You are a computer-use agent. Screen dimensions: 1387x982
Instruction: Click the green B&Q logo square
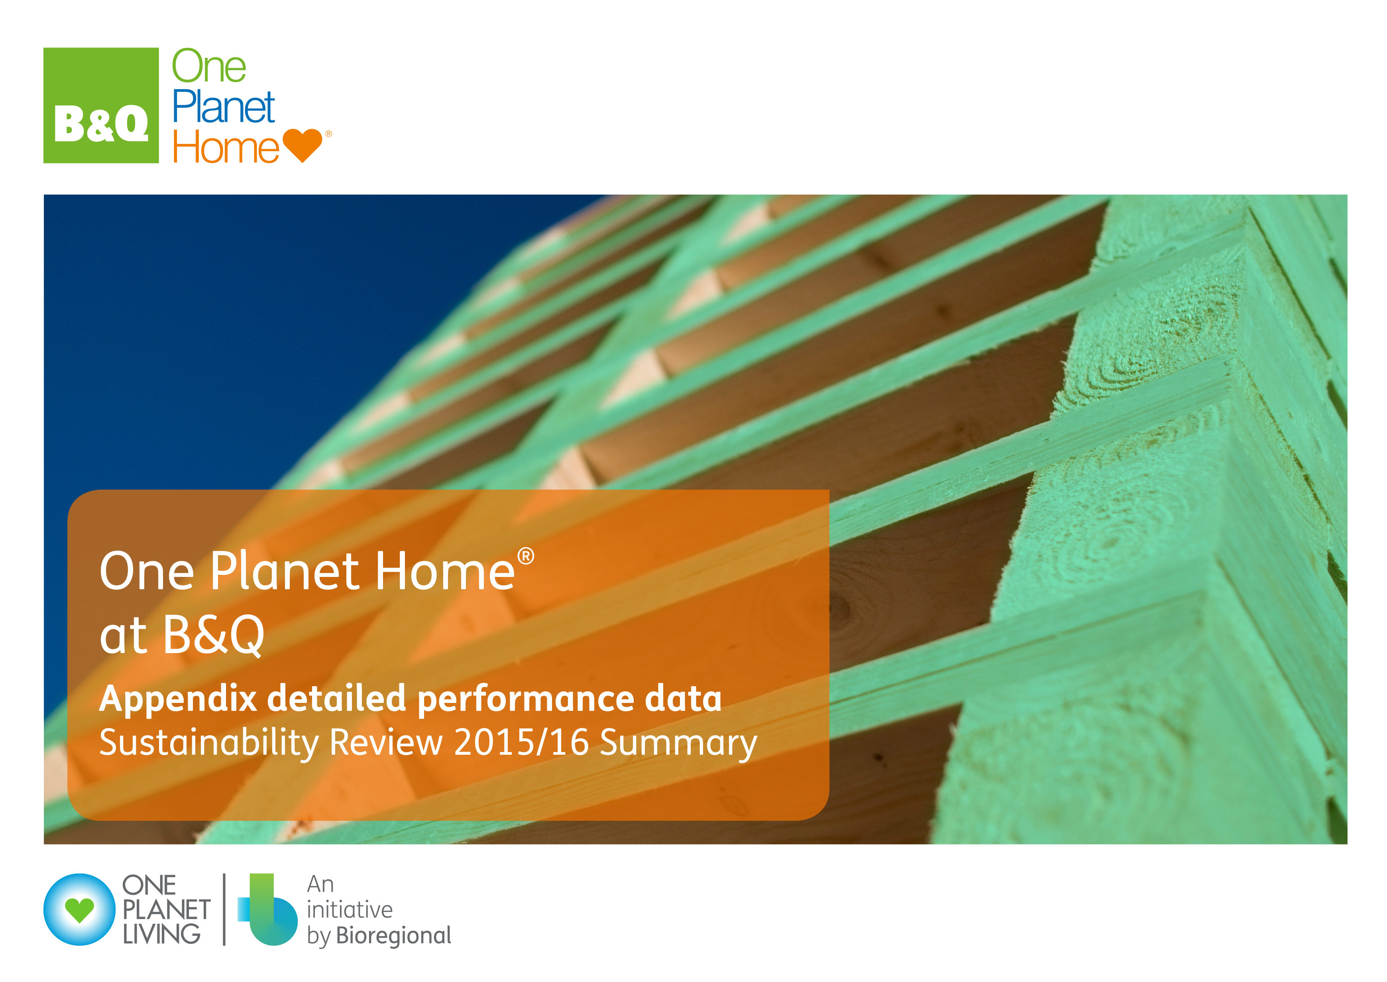pyautogui.click(x=101, y=105)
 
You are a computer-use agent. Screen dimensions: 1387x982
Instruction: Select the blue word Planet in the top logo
pyautogui.click(x=224, y=106)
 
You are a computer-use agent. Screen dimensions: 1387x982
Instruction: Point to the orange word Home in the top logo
pyautogui.click(x=226, y=147)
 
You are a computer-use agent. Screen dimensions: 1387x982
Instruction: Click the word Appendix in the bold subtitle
pyautogui.click(x=178, y=700)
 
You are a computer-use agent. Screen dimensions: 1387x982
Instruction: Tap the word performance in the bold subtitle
pyautogui.click(x=525, y=700)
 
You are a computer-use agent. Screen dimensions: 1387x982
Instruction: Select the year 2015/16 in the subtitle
pyautogui.click(x=521, y=742)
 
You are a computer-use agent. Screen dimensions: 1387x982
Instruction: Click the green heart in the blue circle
pyautogui.click(x=80, y=911)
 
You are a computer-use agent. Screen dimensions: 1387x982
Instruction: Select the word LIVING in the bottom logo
pyautogui.click(x=161, y=934)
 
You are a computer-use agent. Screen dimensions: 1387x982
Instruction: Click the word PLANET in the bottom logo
pyautogui.click(x=166, y=909)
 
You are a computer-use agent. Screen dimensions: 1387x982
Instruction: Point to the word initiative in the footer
pyautogui.click(x=350, y=909)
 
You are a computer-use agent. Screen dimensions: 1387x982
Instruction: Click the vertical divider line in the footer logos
pyautogui.click(x=224, y=909)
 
